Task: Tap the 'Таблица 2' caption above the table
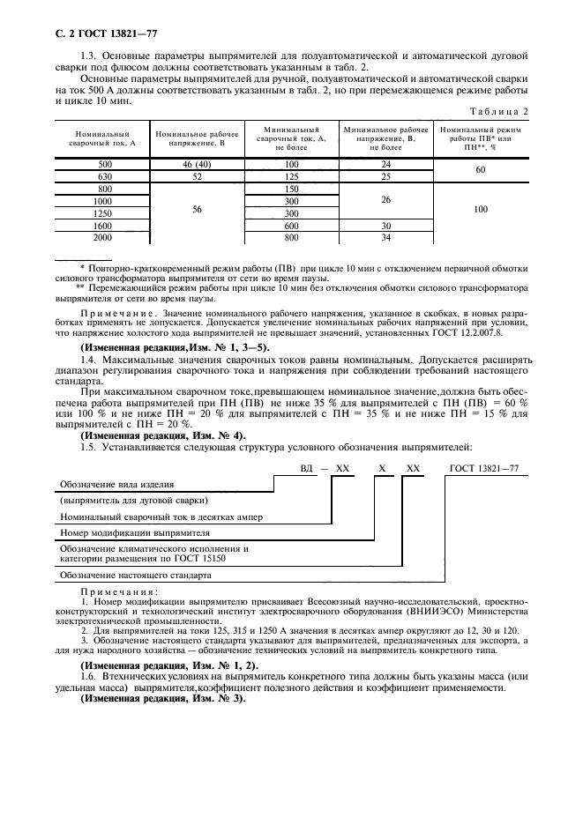pos(500,110)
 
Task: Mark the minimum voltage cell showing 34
pos(385,238)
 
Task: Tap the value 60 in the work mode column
pos(481,170)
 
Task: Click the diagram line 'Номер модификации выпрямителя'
pos(134,533)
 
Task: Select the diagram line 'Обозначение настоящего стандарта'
pos(135,575)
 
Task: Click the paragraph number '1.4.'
pos(91,360)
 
